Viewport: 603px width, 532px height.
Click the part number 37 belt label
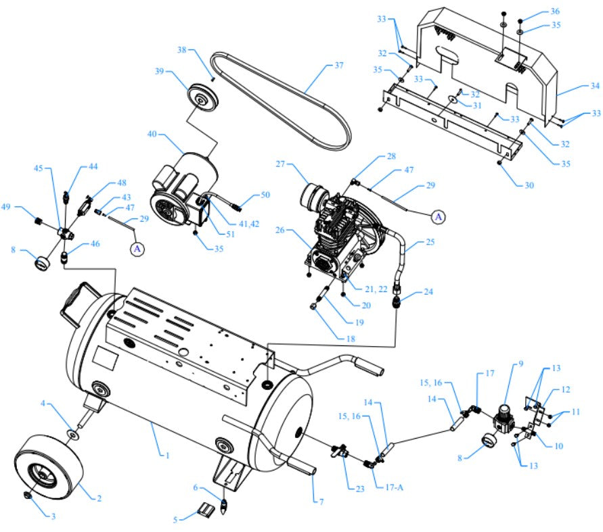point(339,66)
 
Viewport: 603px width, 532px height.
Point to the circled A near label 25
point(439,216)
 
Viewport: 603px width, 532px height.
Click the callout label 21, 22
point(375,289)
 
